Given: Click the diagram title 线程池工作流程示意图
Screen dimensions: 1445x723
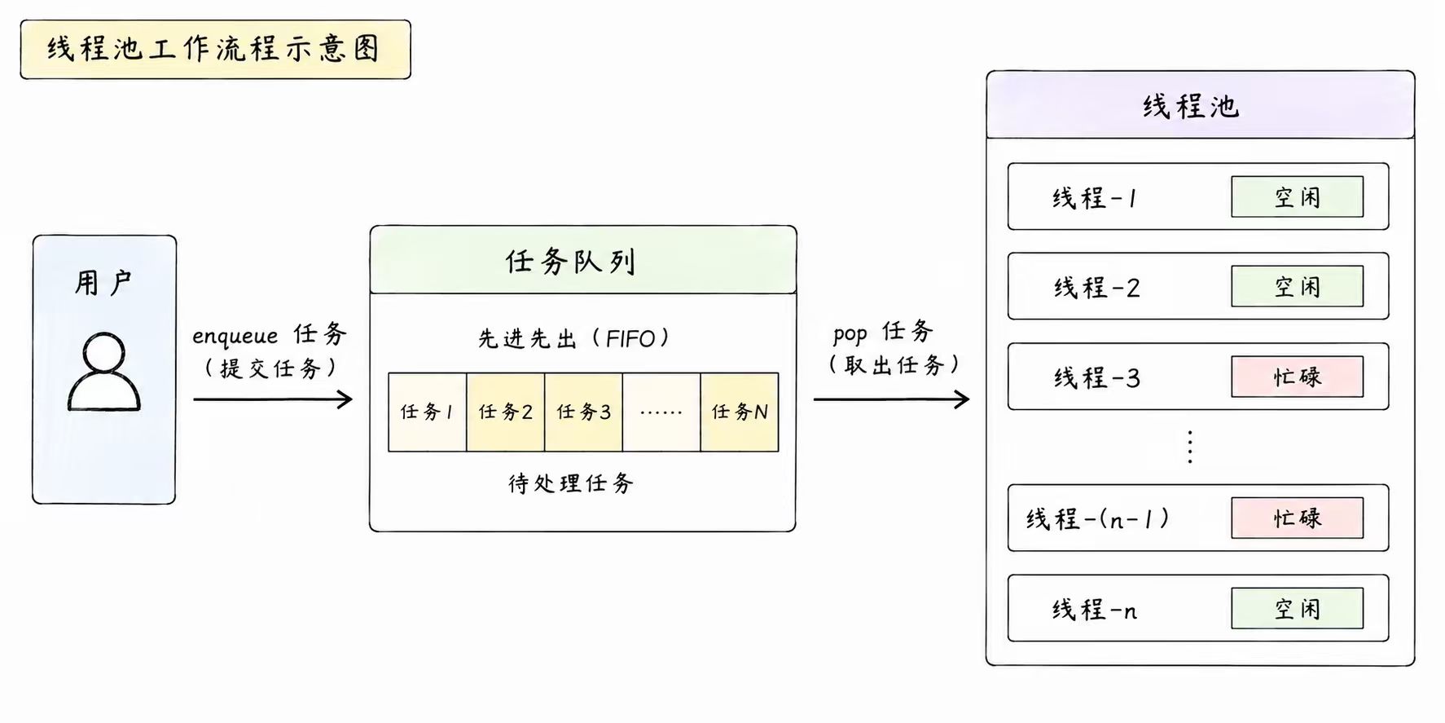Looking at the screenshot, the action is [x=214, y=49].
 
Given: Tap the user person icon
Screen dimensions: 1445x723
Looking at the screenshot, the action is [x=104, y=371].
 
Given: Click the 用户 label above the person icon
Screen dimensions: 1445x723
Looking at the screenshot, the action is [x=103, y=283].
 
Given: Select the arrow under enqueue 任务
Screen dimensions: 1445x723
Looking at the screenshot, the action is [x=273, y=399].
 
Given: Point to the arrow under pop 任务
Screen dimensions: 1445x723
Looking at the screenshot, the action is [x=891, y=399].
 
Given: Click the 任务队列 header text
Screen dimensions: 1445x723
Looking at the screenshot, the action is [x=570, y=262].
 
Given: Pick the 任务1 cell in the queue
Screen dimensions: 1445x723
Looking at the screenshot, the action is [x=428, y=412].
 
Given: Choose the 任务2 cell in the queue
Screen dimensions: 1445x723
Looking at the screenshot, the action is [x=506, y=412].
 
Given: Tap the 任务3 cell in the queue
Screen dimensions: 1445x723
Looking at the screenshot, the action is [x=584, y=412].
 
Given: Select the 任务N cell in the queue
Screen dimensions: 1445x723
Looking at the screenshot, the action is [x=740, y=412].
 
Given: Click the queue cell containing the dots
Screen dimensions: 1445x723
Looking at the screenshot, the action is [x=661, y=412].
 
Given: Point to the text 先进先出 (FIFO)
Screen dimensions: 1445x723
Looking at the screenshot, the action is [x=573, y=338].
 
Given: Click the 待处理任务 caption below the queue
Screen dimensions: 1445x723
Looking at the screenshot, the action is [x=571, y=483].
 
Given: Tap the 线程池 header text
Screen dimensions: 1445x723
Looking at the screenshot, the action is [x=1191, y=107].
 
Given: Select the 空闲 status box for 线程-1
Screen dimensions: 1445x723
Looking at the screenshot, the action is [x=1298, y=197].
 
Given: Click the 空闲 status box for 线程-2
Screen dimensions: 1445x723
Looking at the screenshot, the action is [x=1298, y=287].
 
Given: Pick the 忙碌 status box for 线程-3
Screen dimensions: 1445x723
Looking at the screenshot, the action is [x=1298, y=377].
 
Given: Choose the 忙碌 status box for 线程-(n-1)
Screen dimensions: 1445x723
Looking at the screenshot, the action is [x=1298, y=518].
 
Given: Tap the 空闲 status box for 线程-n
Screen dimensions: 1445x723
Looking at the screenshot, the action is [x=1298, y=608].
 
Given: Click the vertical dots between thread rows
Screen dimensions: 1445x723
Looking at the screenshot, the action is [x=1190, y=447].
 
